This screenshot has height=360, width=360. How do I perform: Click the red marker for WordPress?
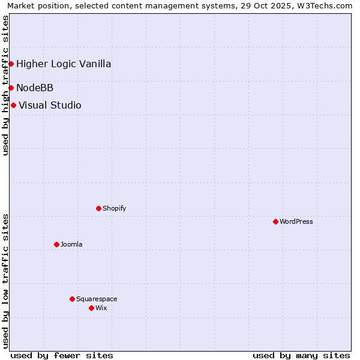coord(275,221)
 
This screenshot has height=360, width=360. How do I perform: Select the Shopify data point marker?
coord(98,208)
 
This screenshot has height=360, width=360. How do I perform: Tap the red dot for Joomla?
coord(56,244)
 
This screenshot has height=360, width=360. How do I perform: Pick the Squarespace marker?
coord(72,299)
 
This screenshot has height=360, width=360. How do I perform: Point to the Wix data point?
coord(91,308)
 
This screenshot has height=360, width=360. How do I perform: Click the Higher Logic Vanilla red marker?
coord(11,64)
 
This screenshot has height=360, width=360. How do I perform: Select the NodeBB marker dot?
coord(11,88)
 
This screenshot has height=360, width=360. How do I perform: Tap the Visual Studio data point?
coord(13,105)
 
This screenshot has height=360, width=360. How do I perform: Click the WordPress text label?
coord(296,221)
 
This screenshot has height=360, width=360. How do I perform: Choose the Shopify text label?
coord(114,208)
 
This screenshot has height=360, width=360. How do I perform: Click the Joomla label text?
coord(71,244)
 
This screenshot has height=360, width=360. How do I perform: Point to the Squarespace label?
coord(97,299)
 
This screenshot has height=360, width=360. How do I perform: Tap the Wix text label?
coord(101,308)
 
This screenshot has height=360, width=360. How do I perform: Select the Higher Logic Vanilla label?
coord(64,64)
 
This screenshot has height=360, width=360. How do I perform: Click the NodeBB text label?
coord(35,88)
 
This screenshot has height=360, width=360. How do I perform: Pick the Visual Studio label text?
coord(50,105)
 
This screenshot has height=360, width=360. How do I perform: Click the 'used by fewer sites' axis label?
coord(62,355)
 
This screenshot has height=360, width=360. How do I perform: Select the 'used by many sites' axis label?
coord(301,355)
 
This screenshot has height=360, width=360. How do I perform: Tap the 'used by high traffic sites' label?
coord(5,85)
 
